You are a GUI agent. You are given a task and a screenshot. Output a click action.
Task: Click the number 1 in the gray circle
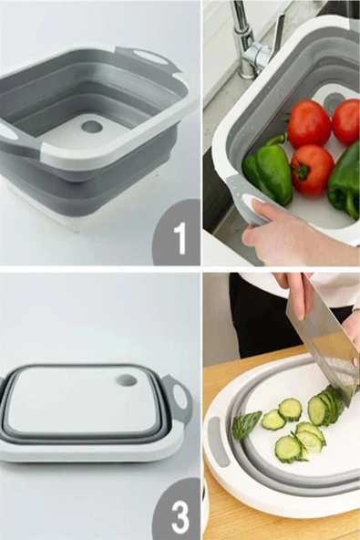(180, 238)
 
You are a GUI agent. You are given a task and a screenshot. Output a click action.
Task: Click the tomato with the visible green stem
(312, 170)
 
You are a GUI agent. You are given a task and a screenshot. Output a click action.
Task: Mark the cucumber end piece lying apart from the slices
(247, 425)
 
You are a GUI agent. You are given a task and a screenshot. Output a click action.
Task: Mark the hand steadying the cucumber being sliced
(352, 327)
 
